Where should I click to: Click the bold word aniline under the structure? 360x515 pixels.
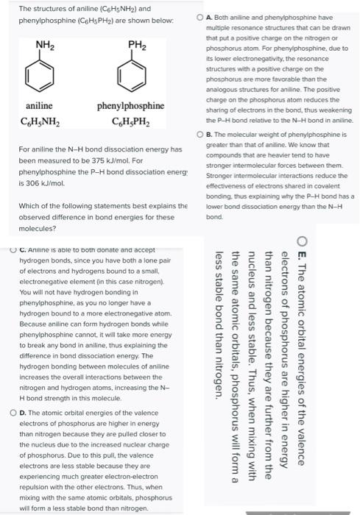38,106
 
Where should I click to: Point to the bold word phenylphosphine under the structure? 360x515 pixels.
130,106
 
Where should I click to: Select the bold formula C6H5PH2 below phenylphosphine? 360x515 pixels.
130,121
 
